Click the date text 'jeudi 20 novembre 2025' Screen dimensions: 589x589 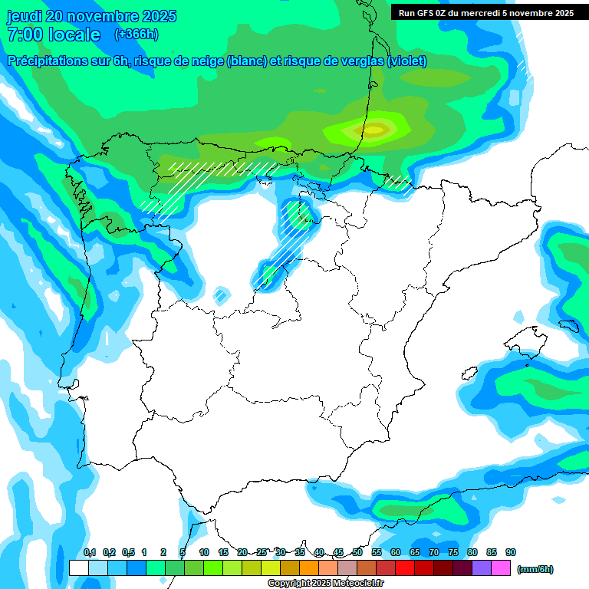(91, 16)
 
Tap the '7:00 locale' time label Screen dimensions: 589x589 (53, 35)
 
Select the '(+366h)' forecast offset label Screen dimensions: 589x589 (137, 34)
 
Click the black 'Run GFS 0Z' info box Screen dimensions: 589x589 (485, 12)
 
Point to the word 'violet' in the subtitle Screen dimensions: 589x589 (407, 61)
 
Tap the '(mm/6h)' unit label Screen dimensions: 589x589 (535, 569)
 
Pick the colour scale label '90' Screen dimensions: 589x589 (511, 552)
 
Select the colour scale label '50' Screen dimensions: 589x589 (357, 552)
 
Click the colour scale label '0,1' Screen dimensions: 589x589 (90, 552)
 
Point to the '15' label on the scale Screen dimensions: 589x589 (223, 552)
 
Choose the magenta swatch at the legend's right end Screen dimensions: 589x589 (501, 568)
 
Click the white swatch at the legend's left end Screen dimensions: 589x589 (78, 568)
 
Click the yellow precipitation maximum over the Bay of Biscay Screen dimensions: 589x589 (376, 130)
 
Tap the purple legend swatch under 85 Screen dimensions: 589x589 (482, 568)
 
